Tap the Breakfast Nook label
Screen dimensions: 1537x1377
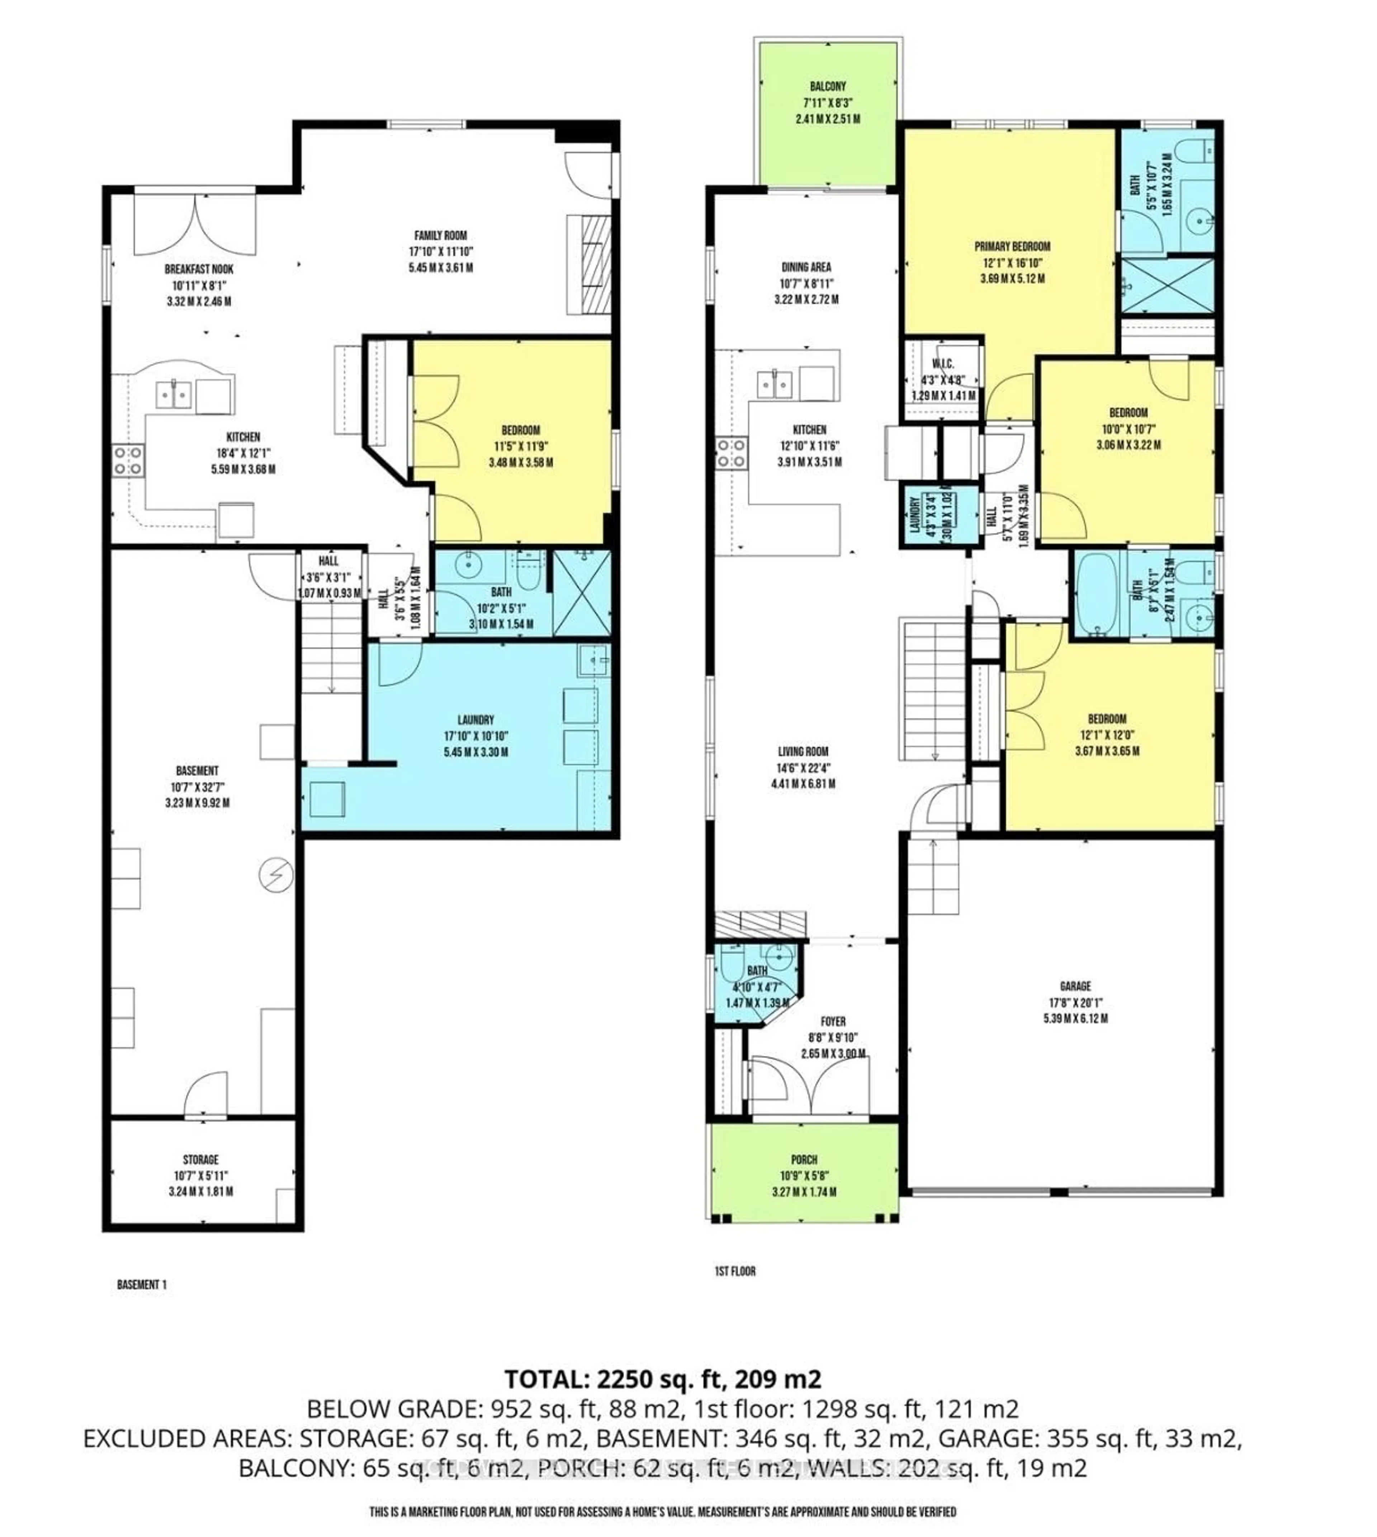199,269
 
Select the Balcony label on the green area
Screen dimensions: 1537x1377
828,86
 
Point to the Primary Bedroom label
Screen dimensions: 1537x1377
1012,246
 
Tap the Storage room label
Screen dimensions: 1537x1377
200,1159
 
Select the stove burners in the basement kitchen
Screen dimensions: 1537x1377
128,461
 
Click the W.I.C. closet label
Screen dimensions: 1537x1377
942,365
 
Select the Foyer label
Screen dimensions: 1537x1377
833,1021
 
